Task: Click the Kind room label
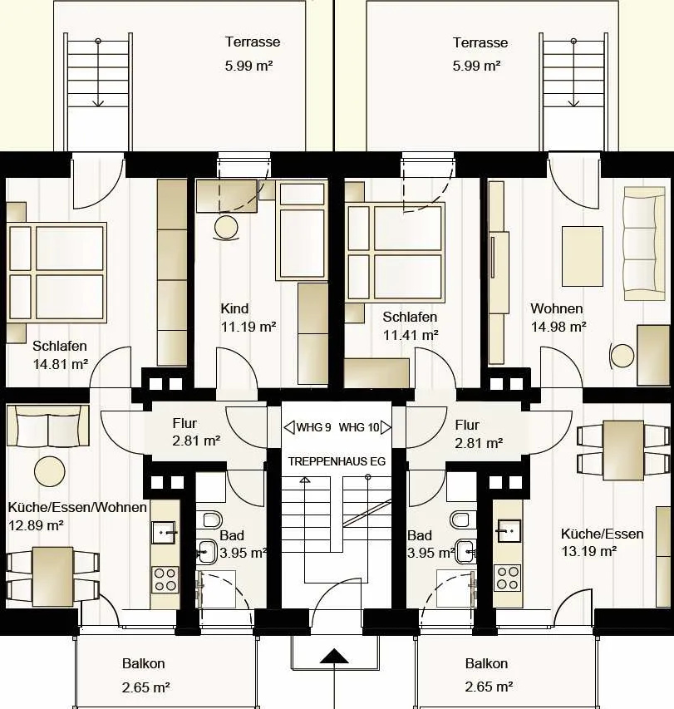point(234,308)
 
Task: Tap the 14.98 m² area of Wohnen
point(558,327)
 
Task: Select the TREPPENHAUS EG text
point(337,461)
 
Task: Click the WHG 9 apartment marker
point(307,427)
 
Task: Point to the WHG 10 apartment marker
point(365,427)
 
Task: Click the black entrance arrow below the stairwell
point(334,656)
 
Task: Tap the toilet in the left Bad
point(212,519)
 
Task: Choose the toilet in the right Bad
point(460,519)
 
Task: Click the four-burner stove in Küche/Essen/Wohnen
point(165,579)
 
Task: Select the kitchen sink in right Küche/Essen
point(509,531)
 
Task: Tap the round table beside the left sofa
point(50,471)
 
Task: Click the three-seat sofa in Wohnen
point(644,244)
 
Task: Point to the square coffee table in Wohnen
point(583,256)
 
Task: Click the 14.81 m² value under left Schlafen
point(60,364)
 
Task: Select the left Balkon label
point(143,664)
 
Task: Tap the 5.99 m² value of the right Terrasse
point(476,66)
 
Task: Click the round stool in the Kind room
point(226,228)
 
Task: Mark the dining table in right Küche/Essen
point(623,451)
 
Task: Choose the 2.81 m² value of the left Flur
point(196,441)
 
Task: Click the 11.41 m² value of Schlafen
point(411,335)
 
